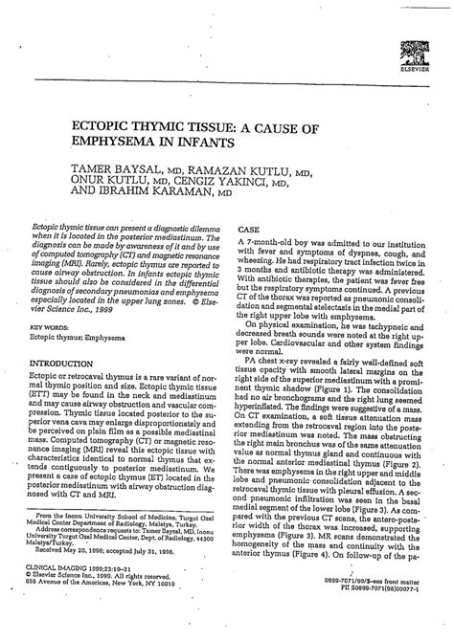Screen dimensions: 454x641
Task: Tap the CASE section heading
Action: (x=247, y=231)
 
